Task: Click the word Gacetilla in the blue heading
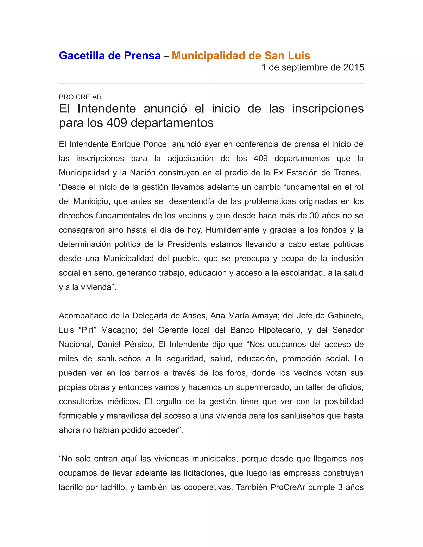click(82, 56)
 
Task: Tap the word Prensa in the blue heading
click(142, 56)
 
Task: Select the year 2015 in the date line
click(354, 67)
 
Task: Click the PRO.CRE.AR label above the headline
click(80, 97)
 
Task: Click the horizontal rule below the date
click(211, 83)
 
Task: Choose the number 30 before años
click(315, 216)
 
